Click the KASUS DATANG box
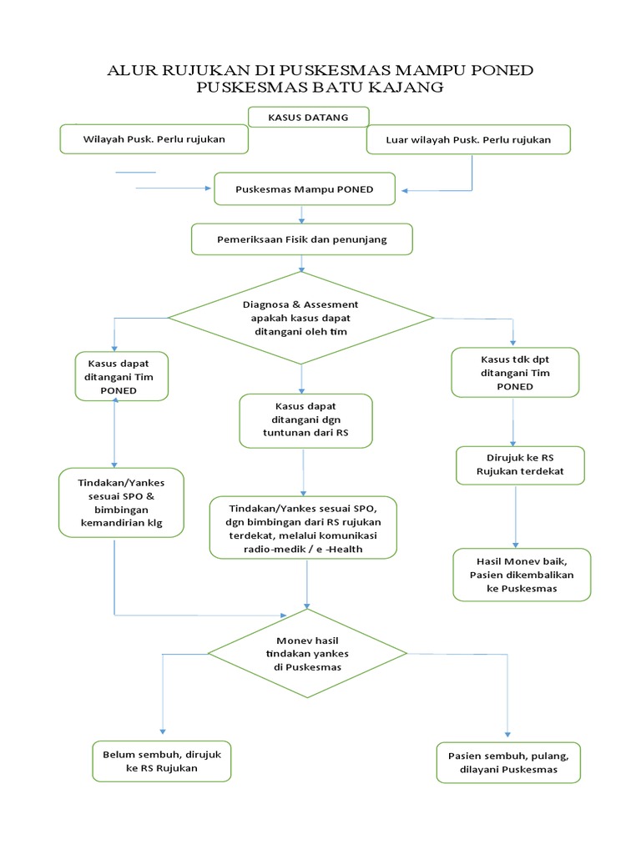pyautogui.click(x=308, y=118)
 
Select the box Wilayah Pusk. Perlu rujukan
pyautogui.click(x=154, y=139)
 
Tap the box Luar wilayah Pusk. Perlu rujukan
pyautogui.click(x=468, y=139)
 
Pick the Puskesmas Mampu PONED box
pyautogui.click(x=304, y=189)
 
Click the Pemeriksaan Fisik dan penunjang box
pyautogui.click(x=301, y=239)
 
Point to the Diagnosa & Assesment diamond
pyautogui.click(x=300, y=318)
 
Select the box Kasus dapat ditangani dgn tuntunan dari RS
pyautogui.click(x=305, y=419)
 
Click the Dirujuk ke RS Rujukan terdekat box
pyautogui.click(x=520, y=465)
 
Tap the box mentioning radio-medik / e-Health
pyautogui.click(x=302, y=527)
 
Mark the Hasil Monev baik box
pyautogui.click(x=522, y=575)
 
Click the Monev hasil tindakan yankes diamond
pyautogui.click(x=308, y=654)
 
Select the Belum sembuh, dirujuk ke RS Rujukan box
pyautogui.click(x=161, y=761)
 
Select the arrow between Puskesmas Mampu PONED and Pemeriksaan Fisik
pyautogui.click(x=301, y=214)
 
